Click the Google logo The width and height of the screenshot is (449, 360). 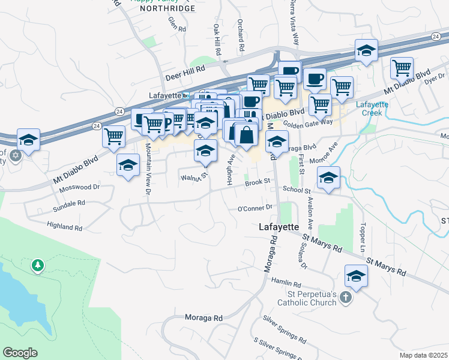pyautogui.click(x=20, y=353)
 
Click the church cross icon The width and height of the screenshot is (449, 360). pyautogui.click(x=345, y=298)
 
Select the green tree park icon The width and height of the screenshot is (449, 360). pyautogui.click(x=38, y=265)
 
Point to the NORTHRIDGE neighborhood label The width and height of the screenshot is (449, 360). pyautogui.click(x=167, y=8)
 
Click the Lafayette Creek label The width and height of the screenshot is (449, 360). pyautogui.click(x=373, y=108)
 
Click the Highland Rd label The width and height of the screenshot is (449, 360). pyautogui.click(x=65, y=227)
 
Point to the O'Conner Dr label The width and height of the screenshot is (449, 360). pyautogui.click(x=255, y=208)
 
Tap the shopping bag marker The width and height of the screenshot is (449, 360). pyautogui.click(x=246, y=135)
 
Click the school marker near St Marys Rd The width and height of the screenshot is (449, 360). pyautogui.click(x=356, y=277)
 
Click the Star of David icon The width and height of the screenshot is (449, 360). pyautogui.click(x=15, y=156)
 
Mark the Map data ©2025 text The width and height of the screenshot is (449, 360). pyautogui.click(x=423, y=355)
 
